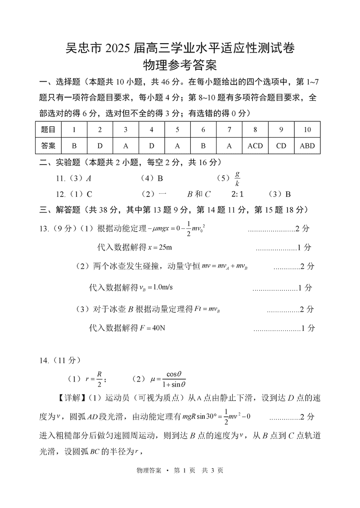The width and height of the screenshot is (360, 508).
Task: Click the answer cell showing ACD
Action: (255, 146)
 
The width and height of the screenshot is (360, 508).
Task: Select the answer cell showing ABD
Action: (307, 146)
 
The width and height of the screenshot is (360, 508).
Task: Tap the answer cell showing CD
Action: (281, 146)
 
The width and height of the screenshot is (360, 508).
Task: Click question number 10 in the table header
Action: (307, 130)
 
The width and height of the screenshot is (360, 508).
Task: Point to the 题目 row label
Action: (48, 130)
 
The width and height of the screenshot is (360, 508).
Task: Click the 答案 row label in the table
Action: (48, 146)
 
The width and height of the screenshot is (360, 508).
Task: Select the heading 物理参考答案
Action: (180, 66)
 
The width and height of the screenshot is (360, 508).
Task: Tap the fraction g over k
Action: (237, 178)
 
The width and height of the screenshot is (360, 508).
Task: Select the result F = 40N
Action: (153, 328)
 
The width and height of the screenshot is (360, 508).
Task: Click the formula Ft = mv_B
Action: (207, 309)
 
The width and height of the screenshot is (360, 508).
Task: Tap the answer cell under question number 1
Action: (74, 146)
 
